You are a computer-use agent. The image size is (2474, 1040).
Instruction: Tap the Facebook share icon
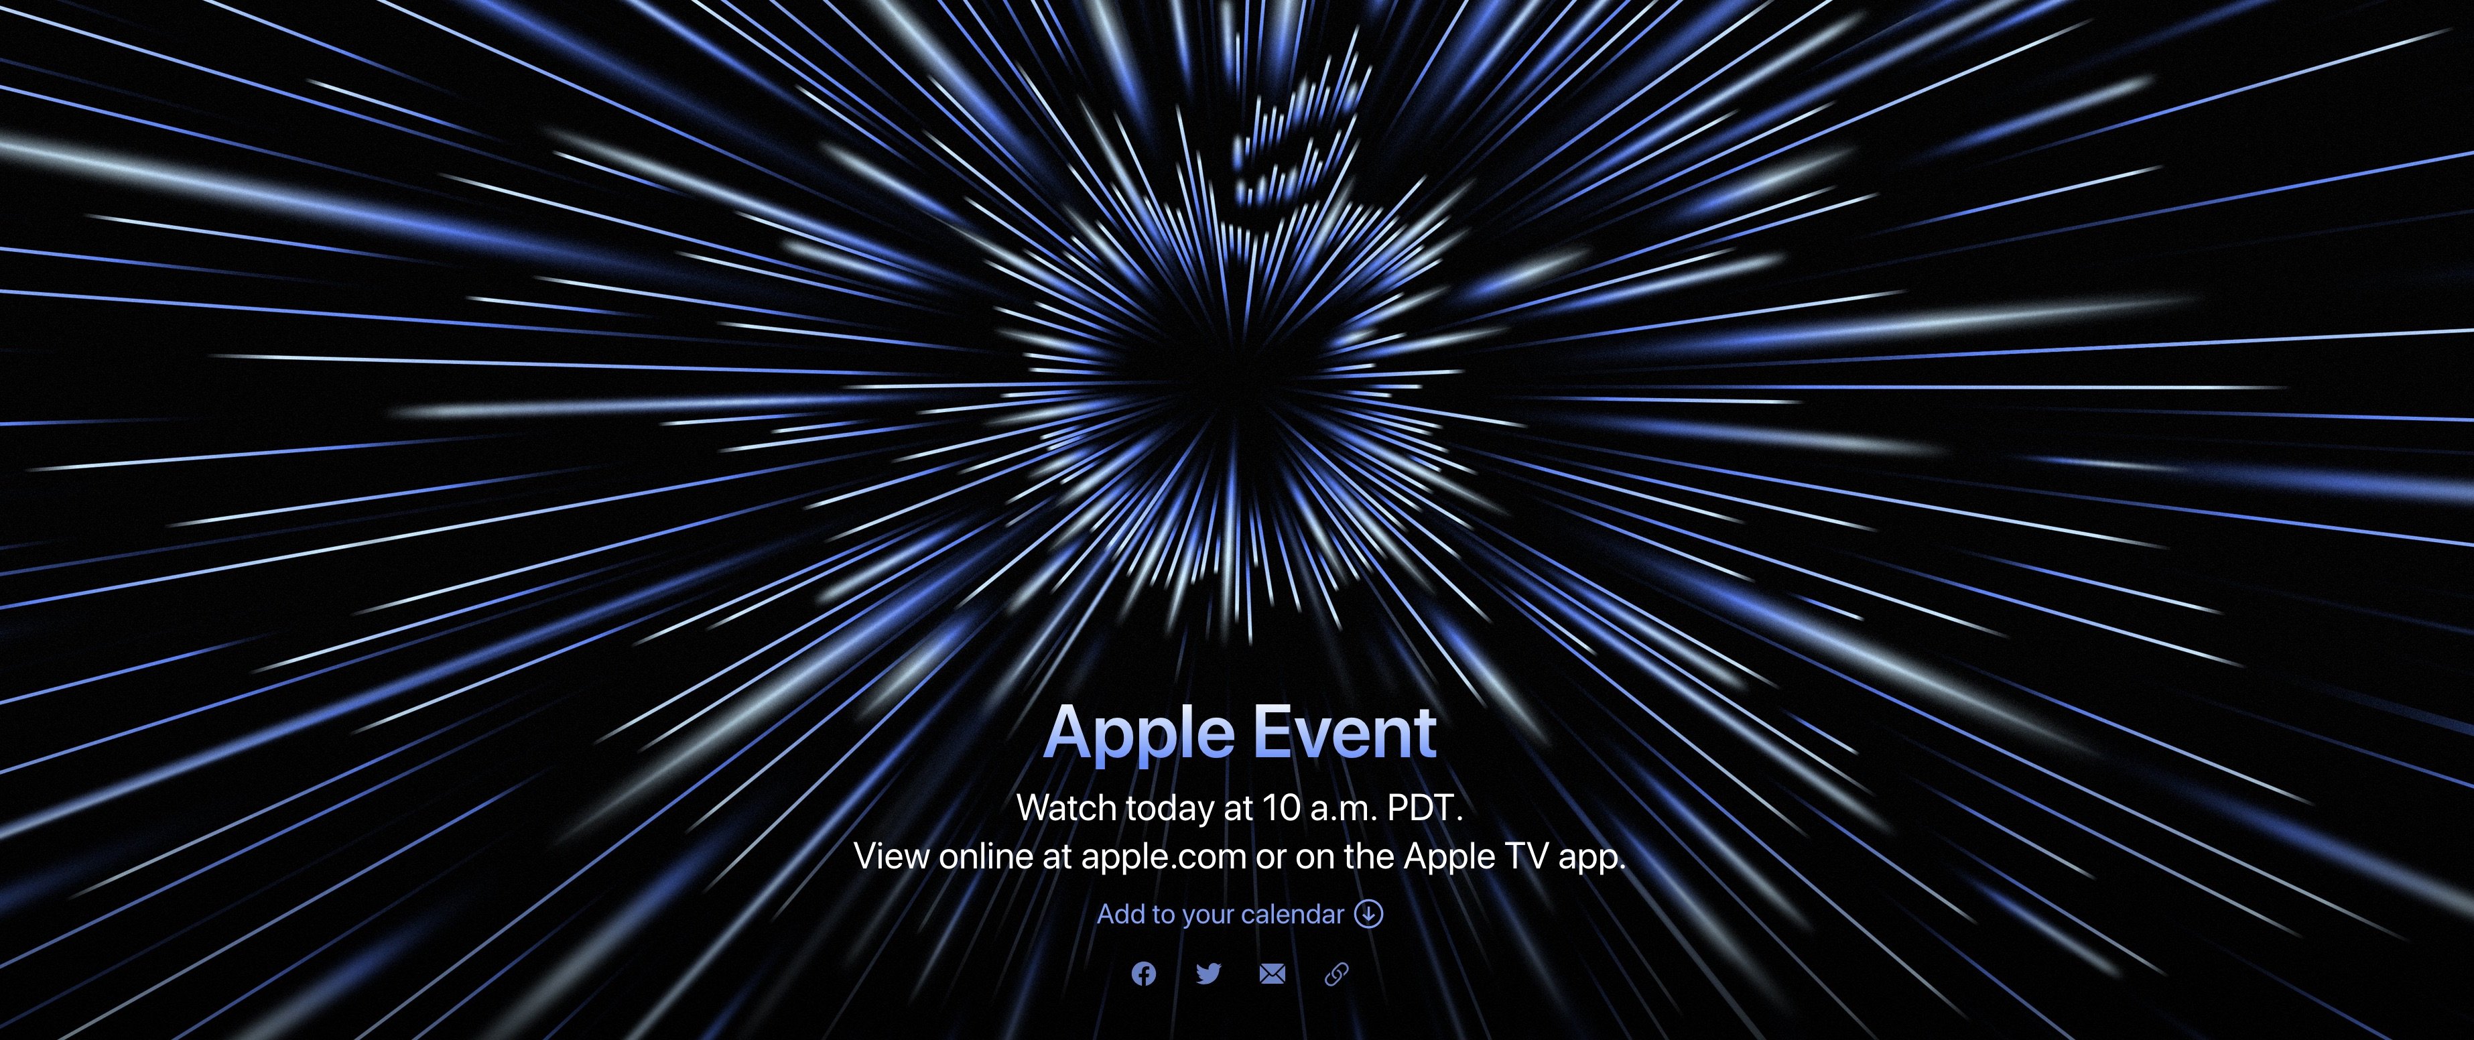pos(1143,974)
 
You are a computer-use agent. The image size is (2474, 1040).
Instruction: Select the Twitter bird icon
pos(1208,974)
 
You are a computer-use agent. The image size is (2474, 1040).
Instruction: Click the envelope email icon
pos(1272,974)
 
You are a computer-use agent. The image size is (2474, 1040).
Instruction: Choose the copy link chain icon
pos(1336,974)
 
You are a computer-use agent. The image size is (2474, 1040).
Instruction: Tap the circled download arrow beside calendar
pos(1368,913)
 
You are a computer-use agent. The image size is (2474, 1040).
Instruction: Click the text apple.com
pos(1164,856)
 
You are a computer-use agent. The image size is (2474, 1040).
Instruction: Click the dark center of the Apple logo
pos(1239,394)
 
